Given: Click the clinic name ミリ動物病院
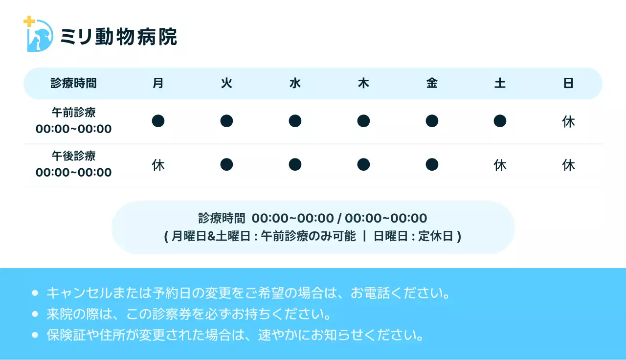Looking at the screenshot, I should [118, 37].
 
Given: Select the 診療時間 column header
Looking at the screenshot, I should [73, 83].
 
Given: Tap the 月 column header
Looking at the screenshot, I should [158, 83].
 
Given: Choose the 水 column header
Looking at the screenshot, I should [295, 83].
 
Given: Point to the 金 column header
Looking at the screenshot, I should [432, 83].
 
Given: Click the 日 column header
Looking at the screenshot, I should [568, 83].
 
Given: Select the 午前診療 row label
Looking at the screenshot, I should [73, 112].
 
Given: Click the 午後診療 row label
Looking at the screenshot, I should [73, 156].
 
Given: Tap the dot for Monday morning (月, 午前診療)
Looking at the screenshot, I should [158, 121].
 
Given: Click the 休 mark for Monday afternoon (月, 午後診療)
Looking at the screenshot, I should [158, 165].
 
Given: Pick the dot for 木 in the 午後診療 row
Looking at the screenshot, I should [363, 165].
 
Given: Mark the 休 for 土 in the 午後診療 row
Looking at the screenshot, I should [500, 165].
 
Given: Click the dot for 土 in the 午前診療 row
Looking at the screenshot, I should [500, 121].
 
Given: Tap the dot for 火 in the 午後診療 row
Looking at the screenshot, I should [226, 165].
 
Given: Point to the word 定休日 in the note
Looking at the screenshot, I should [436, 236].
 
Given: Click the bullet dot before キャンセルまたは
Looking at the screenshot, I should [35, 293].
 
